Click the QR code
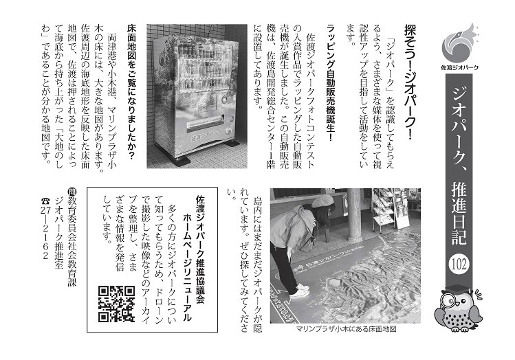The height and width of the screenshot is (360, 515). point(116,303)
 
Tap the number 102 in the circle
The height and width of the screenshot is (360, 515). point(459,265)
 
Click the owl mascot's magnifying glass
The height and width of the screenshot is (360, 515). point(450,300)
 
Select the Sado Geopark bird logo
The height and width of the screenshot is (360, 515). point(459,43)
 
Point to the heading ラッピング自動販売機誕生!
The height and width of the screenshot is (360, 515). point(331,82)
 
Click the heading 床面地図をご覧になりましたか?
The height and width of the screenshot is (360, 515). point(131,92)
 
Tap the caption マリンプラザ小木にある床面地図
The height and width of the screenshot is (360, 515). point(346,328)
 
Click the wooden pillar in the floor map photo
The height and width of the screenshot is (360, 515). point(355,214)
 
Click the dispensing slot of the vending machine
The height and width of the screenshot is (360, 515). point(205,123)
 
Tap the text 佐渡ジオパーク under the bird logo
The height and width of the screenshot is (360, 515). point(459,67)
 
